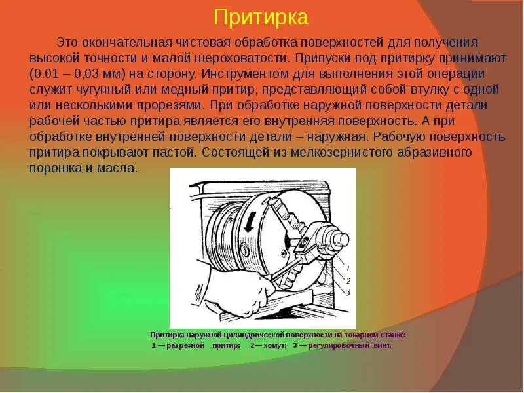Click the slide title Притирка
(x=261, y=17)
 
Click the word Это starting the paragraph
(x=67, y=42)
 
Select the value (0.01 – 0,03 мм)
(x=88, y=73)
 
